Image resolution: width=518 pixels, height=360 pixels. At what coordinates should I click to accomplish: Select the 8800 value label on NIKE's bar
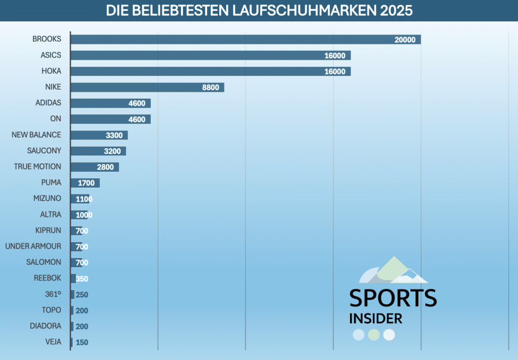[x=210, y=88]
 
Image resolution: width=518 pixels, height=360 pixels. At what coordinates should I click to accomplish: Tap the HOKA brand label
[x=51, y=71]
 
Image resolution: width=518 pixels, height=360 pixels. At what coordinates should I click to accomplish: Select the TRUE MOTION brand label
[x=37, y=167]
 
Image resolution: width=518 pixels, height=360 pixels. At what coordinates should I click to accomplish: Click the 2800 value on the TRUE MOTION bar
[x=105, y=167]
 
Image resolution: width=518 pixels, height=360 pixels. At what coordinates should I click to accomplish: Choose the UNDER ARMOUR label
[x=33, y=247]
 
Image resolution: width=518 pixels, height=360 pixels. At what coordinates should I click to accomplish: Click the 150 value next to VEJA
[x=82, y=343]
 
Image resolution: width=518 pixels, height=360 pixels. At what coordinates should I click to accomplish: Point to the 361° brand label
[x=53, y=294]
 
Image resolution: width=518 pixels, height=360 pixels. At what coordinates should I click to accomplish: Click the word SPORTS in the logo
[x=393, y=298]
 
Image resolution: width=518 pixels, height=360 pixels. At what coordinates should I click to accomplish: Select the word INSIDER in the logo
[x=376, y=318]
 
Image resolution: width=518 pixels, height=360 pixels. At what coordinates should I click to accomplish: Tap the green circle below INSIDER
[x=374, y=335]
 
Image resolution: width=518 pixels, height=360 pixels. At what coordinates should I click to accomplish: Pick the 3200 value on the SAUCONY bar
[x=112, y=151]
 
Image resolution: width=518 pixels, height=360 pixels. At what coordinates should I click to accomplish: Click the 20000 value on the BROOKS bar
[x=405, y=40]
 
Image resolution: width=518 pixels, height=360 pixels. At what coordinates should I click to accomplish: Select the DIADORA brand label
[x=46, y=326]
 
